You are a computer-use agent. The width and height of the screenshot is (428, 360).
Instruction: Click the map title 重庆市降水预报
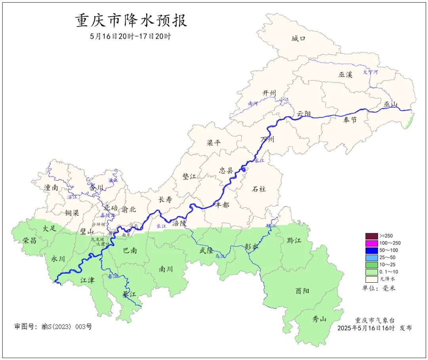(131, 21)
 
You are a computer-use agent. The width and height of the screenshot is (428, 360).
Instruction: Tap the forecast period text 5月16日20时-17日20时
(130, 36)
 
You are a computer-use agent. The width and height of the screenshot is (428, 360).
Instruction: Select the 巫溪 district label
(345, 74)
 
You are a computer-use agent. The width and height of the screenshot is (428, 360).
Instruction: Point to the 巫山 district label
(390, 104)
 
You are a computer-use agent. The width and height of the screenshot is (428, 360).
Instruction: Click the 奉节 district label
(350, 120)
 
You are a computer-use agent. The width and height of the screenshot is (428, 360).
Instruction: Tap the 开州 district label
(269, 93)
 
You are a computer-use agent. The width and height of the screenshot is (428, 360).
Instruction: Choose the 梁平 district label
(214, 143)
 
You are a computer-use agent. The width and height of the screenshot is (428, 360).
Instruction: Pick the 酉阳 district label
(302, 291)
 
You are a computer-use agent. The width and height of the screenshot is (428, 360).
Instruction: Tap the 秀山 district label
(319, 318)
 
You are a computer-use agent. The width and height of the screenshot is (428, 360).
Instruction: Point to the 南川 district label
(166, 269)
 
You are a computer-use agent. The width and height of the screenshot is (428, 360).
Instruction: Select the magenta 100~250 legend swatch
(372, 243)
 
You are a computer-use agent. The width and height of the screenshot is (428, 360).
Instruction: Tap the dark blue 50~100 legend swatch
(372, 250)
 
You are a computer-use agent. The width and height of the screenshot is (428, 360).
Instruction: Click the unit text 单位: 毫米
(379, 288)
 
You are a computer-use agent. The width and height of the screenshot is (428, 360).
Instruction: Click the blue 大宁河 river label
(371, 72)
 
